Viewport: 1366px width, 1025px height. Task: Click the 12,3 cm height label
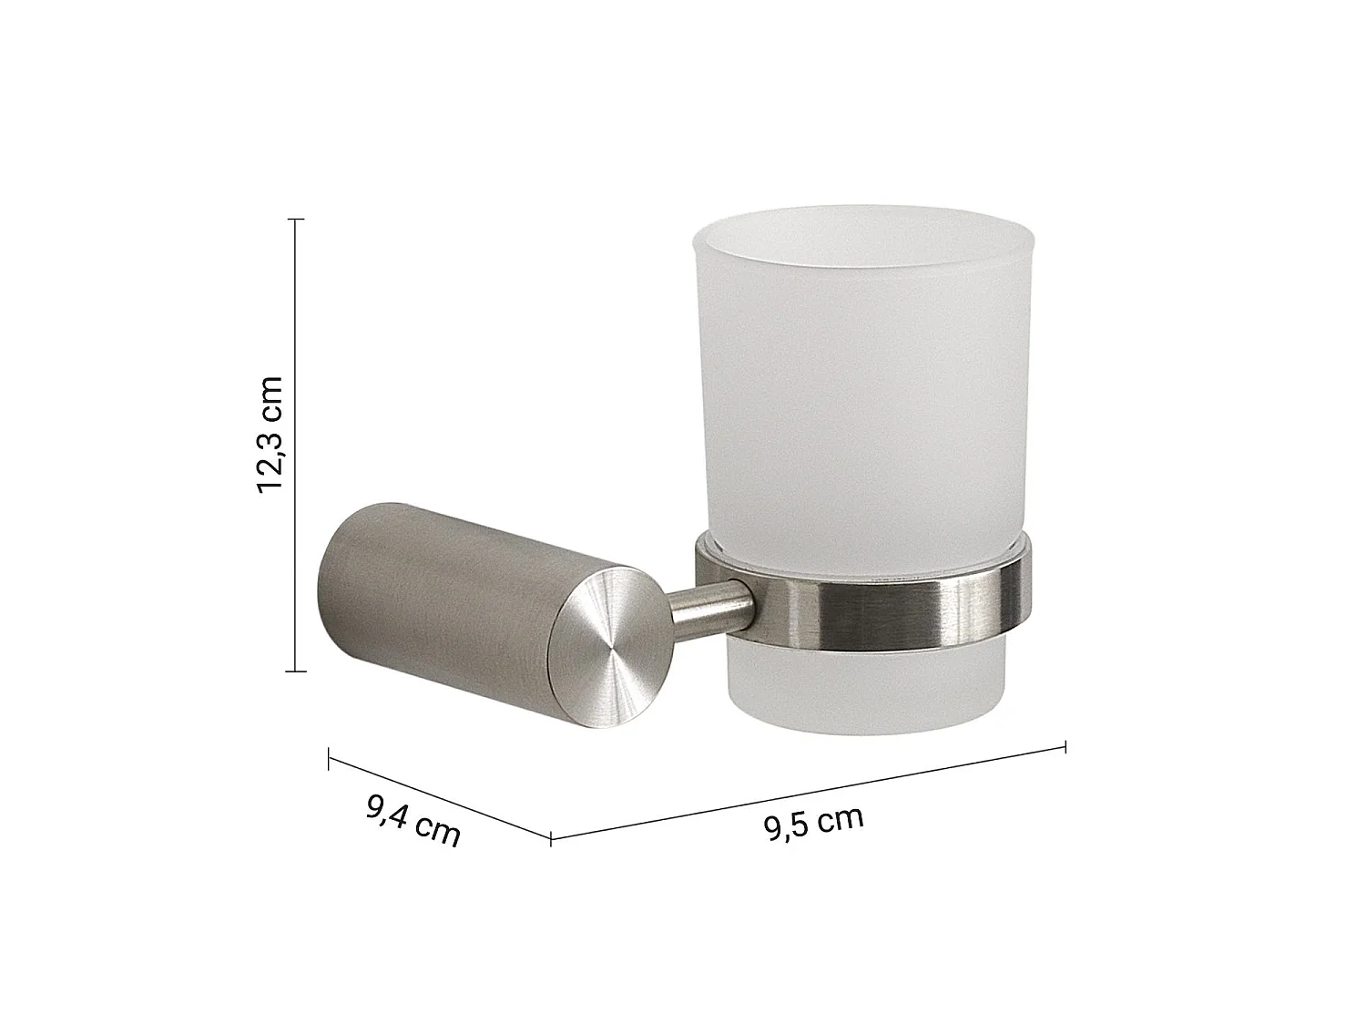270,435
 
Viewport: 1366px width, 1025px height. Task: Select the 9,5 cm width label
813,824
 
